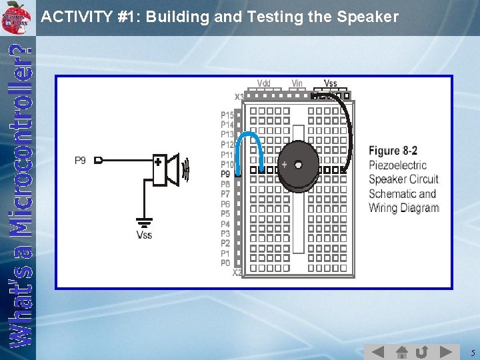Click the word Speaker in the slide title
click(366, 17)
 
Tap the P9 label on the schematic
click(80, 161)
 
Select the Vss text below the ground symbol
click(144, 235)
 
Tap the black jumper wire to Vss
click(349, 127)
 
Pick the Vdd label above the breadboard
click(264, 83)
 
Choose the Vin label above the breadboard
click(297, 83)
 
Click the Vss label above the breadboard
click(330, 83)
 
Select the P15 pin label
click(227, 115)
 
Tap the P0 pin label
click(225, 263)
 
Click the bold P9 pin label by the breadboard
click(225, 174)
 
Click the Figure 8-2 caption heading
click(393, 151)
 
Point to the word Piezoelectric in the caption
click(397, 165)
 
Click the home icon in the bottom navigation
click(401, 351)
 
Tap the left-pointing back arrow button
click(377, 351)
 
